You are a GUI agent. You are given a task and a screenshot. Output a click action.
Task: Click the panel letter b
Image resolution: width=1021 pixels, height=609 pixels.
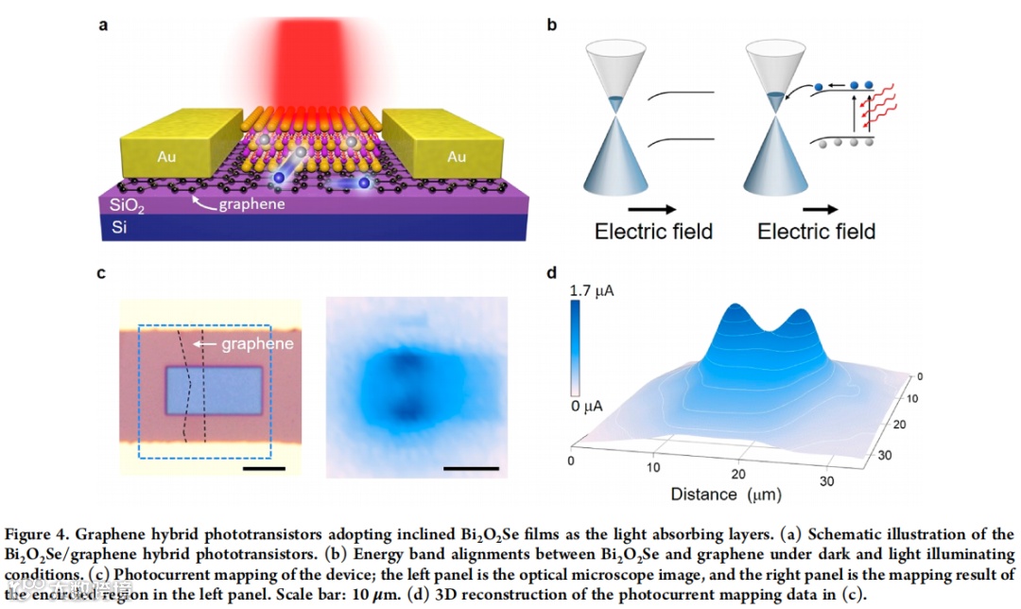(552, 25)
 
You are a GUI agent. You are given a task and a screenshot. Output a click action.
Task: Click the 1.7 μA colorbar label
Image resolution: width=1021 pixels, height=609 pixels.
(593, 292)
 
